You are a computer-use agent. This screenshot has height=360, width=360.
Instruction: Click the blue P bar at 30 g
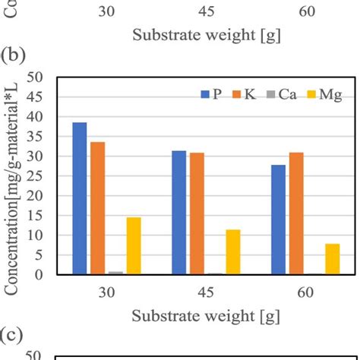(x=80, y=198)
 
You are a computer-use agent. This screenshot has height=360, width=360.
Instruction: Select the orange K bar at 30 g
(x=97, y=208)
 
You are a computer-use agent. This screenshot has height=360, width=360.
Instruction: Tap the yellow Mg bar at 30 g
(x=134, y=245)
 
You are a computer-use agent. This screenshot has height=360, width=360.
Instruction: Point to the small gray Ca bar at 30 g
(x=115, y=272)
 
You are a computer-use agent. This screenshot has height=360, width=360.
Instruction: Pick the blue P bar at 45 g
(x=178, y=212)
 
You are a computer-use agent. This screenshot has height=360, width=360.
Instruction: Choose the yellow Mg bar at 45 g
(x=233, y=251)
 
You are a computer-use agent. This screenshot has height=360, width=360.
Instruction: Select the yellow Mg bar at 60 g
(x=332, y=258)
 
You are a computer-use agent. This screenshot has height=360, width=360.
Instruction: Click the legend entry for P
(x=212, y=94)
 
